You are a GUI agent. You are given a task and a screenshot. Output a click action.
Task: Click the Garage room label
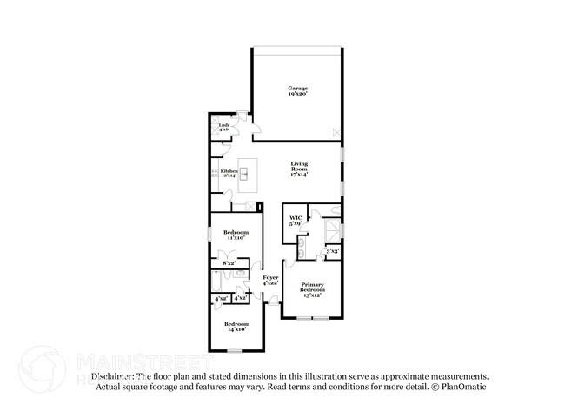pos(297,92)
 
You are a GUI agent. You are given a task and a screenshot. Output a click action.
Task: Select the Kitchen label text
pos(229,174)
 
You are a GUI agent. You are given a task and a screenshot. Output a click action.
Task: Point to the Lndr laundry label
pos(223,128)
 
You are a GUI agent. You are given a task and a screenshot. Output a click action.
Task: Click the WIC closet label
pos(295,221)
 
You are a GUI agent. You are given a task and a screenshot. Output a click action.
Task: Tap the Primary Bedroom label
pos(313,289)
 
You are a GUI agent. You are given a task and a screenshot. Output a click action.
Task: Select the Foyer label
pos(270,281)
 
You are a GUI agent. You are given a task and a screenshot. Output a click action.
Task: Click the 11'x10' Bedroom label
pos(236,235)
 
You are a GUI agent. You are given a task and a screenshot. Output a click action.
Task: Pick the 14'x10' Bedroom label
pos(236,327)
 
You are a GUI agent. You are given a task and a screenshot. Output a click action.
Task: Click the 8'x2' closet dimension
pos(229,263)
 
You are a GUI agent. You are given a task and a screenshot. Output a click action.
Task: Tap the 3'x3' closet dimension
pos(332,251)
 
